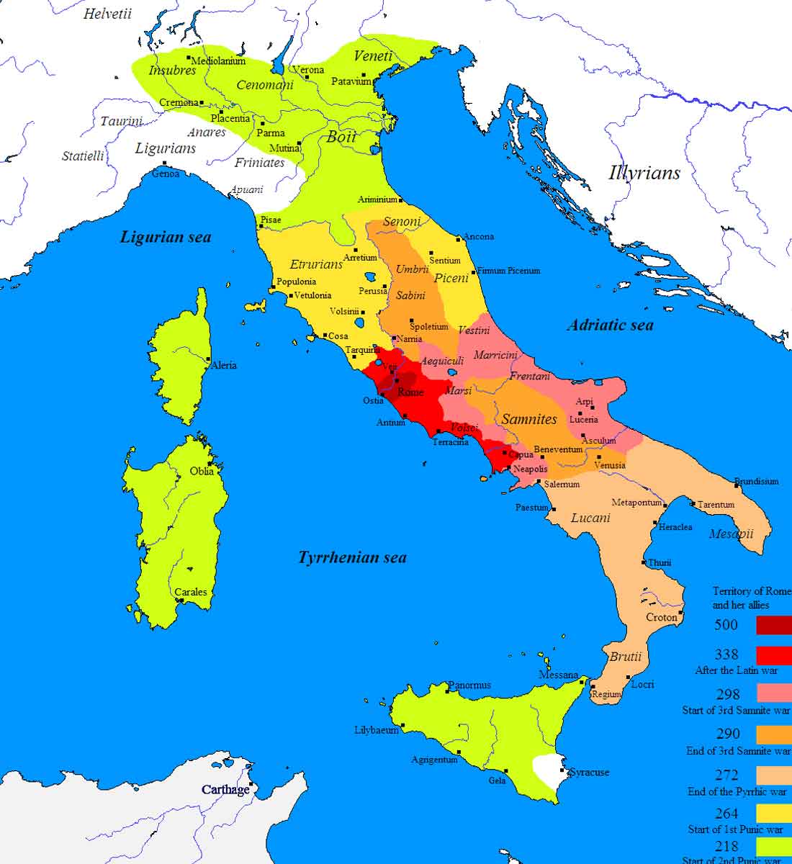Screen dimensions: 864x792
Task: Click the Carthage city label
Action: pyautogui.click(x=225, y=790)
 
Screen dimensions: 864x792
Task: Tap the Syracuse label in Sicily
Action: pyautogui.click(x=589, y=772)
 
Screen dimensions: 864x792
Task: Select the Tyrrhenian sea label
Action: pyautogui.click(x=352, y=557)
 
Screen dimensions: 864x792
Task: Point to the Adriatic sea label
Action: pyautogui.click(x=611, y=325)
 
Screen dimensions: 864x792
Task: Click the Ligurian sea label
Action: pyautogui.click(x=166, y=237)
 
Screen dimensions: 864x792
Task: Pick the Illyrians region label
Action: pyautogui.click(x=644, y=173)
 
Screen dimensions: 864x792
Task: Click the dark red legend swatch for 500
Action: pyautogui.click(x=773, y=624)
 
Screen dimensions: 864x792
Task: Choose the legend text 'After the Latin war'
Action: pyautogui.click(x=736, y=670)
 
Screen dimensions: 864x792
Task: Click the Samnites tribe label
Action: pyautogui.click(x=529, y=418)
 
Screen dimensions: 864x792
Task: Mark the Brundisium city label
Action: pyautogui.click(x=756, y=481)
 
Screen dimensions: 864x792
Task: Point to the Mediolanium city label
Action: pyautogui.click(x=219, y=61)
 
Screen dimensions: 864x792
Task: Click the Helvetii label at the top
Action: pyautogui.click(x=107, y=14)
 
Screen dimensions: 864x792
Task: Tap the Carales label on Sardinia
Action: pyautogui.click(x=191, y=592)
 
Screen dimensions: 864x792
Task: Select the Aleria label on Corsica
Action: pyautogui.click(x=223, y=365)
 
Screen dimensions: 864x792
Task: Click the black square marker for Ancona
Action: pyautogui.click(x=458, y=238)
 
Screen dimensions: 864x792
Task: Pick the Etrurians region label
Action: pyautogui.click(x=316, y=264)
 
